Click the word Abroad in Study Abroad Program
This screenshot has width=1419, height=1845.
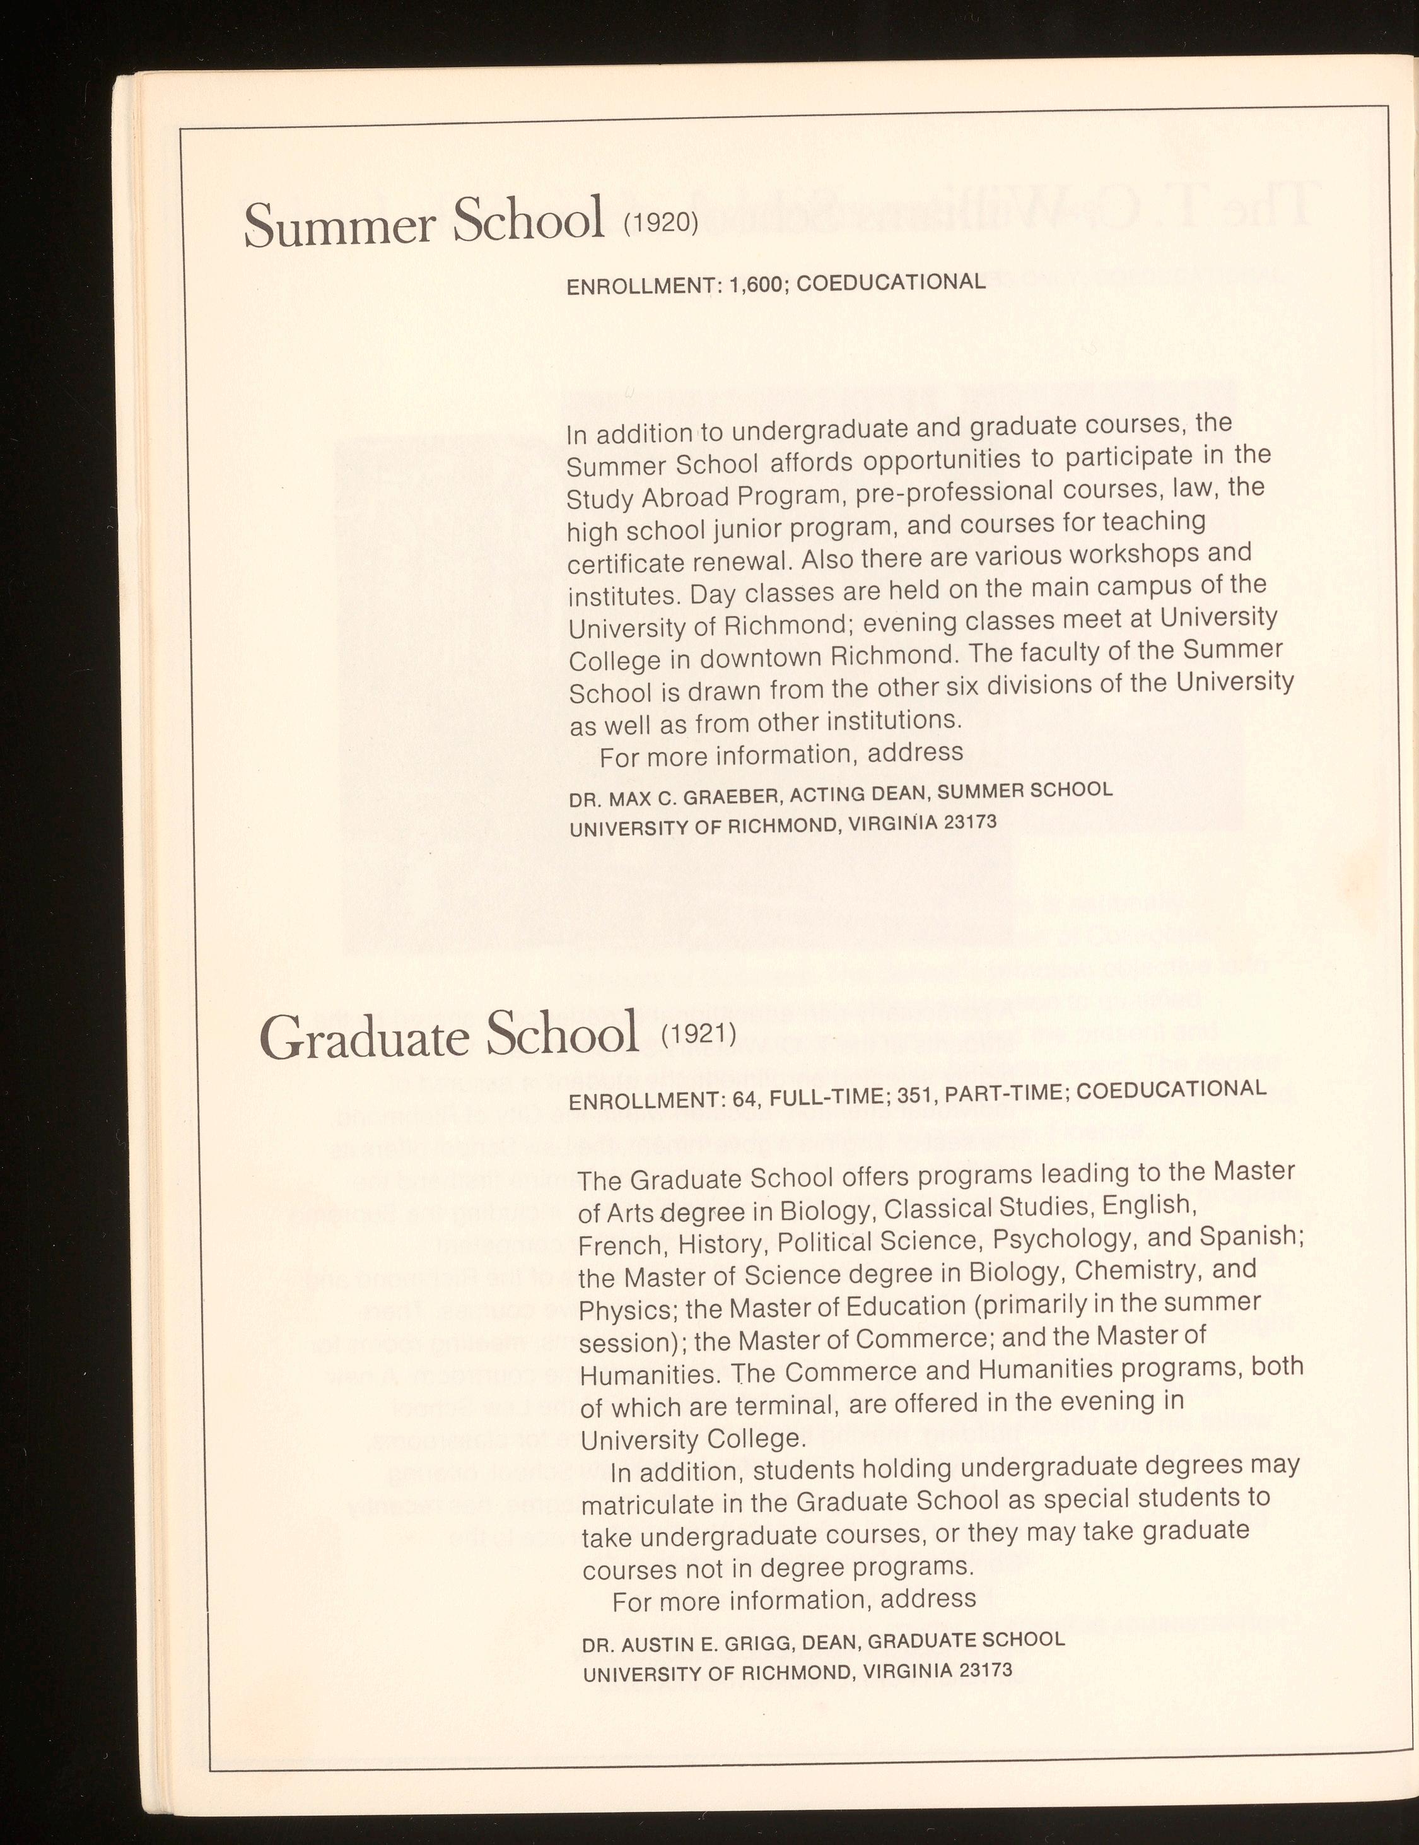coord(685,498)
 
